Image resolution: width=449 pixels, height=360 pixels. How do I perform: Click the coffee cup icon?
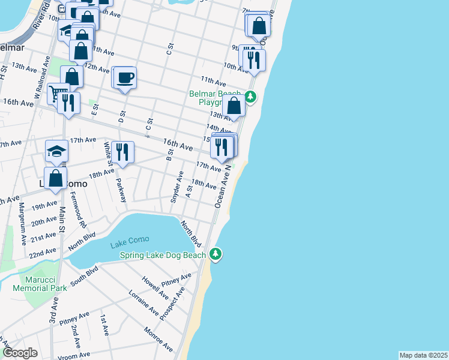tap(125, 78)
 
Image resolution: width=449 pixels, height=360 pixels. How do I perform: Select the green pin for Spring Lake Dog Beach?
tap(215, 255)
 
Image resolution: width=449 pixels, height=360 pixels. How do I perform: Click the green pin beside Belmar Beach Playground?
tap(250, 96)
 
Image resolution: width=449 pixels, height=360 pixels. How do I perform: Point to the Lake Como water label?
tap(129, 244)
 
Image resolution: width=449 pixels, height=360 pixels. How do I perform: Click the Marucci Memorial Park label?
tap(44, 284)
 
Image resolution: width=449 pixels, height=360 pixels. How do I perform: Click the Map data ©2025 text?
tap(423, 355)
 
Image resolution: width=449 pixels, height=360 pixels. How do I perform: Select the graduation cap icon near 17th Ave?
tap(56, 151)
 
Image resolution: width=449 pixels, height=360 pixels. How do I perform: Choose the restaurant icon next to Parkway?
tap(122, 151)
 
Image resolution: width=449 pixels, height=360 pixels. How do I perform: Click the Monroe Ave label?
tap(158, 340)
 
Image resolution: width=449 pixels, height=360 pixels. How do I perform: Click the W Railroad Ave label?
tap(41, 78)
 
